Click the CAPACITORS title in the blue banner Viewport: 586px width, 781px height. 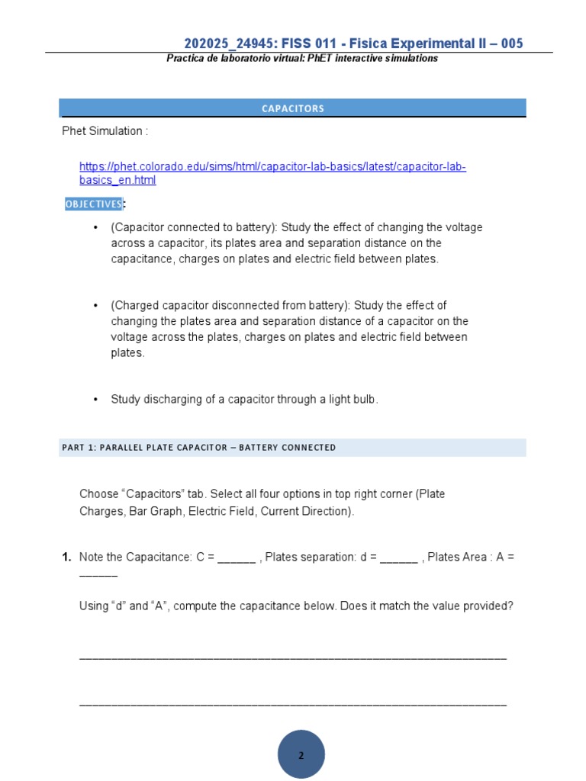(x=293, y=108)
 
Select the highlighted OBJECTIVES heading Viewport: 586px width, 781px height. (x=93, y=204)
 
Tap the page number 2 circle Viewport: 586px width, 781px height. (x=301, y=755)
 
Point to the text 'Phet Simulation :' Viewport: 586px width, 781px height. (x=105, y=131)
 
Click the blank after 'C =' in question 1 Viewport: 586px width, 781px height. (x=237, y=558)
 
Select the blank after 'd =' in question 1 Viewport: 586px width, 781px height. (x=398, y=558)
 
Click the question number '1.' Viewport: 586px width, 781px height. (x=67, y=558)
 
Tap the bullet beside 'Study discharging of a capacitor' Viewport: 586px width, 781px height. (x=95, y=400)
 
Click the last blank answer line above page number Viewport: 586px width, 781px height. (x=292, y=702)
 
